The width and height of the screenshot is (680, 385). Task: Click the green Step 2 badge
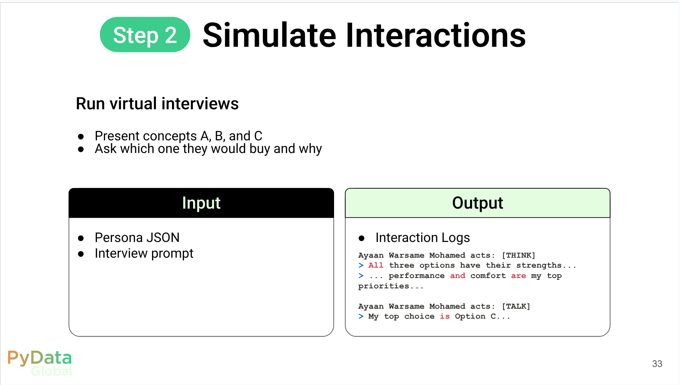tap(145, 35)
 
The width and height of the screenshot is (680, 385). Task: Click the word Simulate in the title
tap(269, 35)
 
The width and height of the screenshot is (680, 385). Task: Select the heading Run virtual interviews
tap(157, 104)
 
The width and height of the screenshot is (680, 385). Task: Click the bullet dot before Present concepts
tap(81, 137)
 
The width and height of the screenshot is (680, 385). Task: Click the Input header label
tap(201, 203)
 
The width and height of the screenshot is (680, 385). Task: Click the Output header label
tap(477, 203)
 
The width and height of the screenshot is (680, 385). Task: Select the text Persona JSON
tap(137, 238)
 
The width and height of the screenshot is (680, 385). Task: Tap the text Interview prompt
tap(144, 253)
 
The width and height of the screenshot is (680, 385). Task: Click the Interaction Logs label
tap(423, 238)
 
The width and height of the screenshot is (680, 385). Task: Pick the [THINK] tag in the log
tap(518, 255)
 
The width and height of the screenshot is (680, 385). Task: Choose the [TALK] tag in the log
tap(516, 306)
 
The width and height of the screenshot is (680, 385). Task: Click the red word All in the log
tap(376, 265)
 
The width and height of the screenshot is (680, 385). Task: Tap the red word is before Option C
tap(445, 316)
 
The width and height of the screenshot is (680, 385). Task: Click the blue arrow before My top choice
tap(361, 316)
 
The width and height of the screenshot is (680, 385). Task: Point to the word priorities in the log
tap(383, 286)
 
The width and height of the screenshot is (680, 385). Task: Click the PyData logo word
tap(39, 358)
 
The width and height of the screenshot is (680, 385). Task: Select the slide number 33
tap(657, 364)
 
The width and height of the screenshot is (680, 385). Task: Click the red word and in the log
tap(458, 276)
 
